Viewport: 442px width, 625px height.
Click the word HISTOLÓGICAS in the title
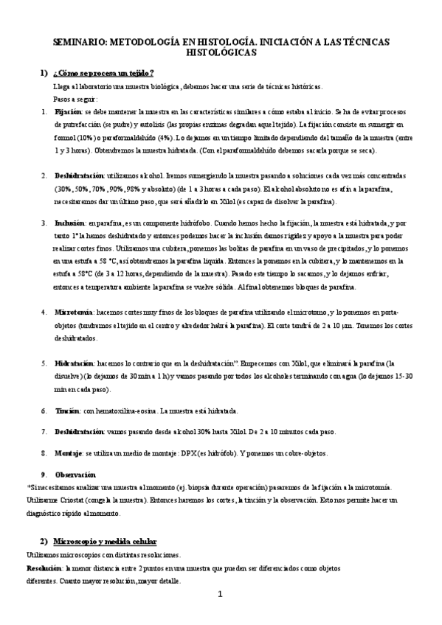point(221,53)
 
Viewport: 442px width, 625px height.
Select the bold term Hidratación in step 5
point(75,363)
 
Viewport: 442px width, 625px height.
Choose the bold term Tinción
point(67,411)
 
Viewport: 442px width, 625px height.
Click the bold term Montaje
point(69,453)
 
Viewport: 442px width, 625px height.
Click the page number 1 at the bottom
point(220,594)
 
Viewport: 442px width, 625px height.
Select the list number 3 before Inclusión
point(44,222)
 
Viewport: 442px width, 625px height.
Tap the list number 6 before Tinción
point(44,411)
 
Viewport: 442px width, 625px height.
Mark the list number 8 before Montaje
point(44,453)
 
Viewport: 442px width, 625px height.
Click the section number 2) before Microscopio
point(44,541)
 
